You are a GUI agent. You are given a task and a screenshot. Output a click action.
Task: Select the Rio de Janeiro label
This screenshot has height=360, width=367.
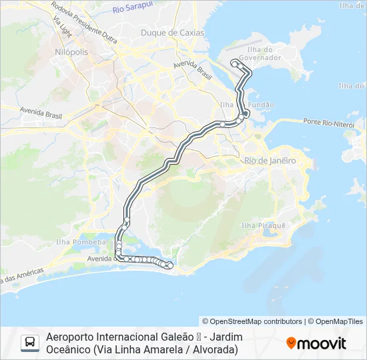click(270, 161)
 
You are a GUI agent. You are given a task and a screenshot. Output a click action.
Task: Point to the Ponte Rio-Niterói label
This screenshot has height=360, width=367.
click(328, 121)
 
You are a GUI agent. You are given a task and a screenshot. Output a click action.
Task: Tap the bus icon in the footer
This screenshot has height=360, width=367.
click(30, 343)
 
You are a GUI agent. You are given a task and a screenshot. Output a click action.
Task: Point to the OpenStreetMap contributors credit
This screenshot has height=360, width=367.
click(252, 321)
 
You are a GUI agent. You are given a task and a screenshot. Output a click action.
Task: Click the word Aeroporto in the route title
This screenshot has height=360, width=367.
click(70, 337)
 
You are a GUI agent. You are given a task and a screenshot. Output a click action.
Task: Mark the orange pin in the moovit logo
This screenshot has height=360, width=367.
click(291, 343)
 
